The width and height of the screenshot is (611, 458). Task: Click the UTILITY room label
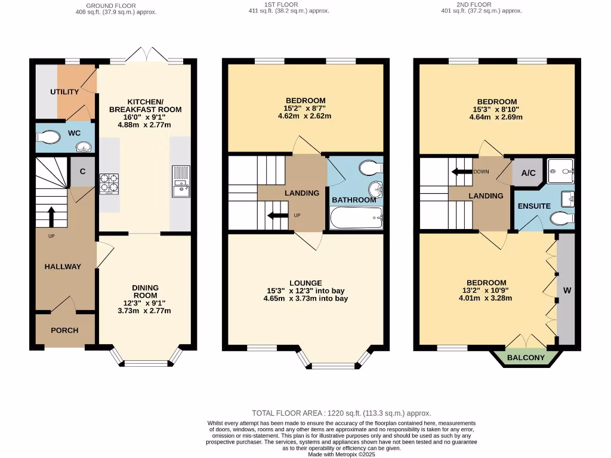tap(64, 92)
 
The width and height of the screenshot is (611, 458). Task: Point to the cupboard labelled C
tap(82, 171)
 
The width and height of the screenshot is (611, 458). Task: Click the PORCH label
tap(64, 330)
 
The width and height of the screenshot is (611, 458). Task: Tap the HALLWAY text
tap(63, 267)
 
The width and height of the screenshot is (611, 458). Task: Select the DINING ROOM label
tap(145, 291)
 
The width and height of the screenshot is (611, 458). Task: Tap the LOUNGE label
tap(305, 283)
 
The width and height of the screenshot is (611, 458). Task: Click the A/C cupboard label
tap(528, 174)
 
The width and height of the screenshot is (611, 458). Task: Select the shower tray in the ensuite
tap(560, 171)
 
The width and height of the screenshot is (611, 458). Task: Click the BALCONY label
tap(526, 358)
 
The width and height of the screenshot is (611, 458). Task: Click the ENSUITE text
tap(533, 206)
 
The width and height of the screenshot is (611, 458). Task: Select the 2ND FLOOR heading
tap(490, 5)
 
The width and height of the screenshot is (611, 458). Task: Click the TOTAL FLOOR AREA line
tap(341, 413)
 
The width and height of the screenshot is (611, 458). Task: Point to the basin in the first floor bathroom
tap(375, 190)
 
